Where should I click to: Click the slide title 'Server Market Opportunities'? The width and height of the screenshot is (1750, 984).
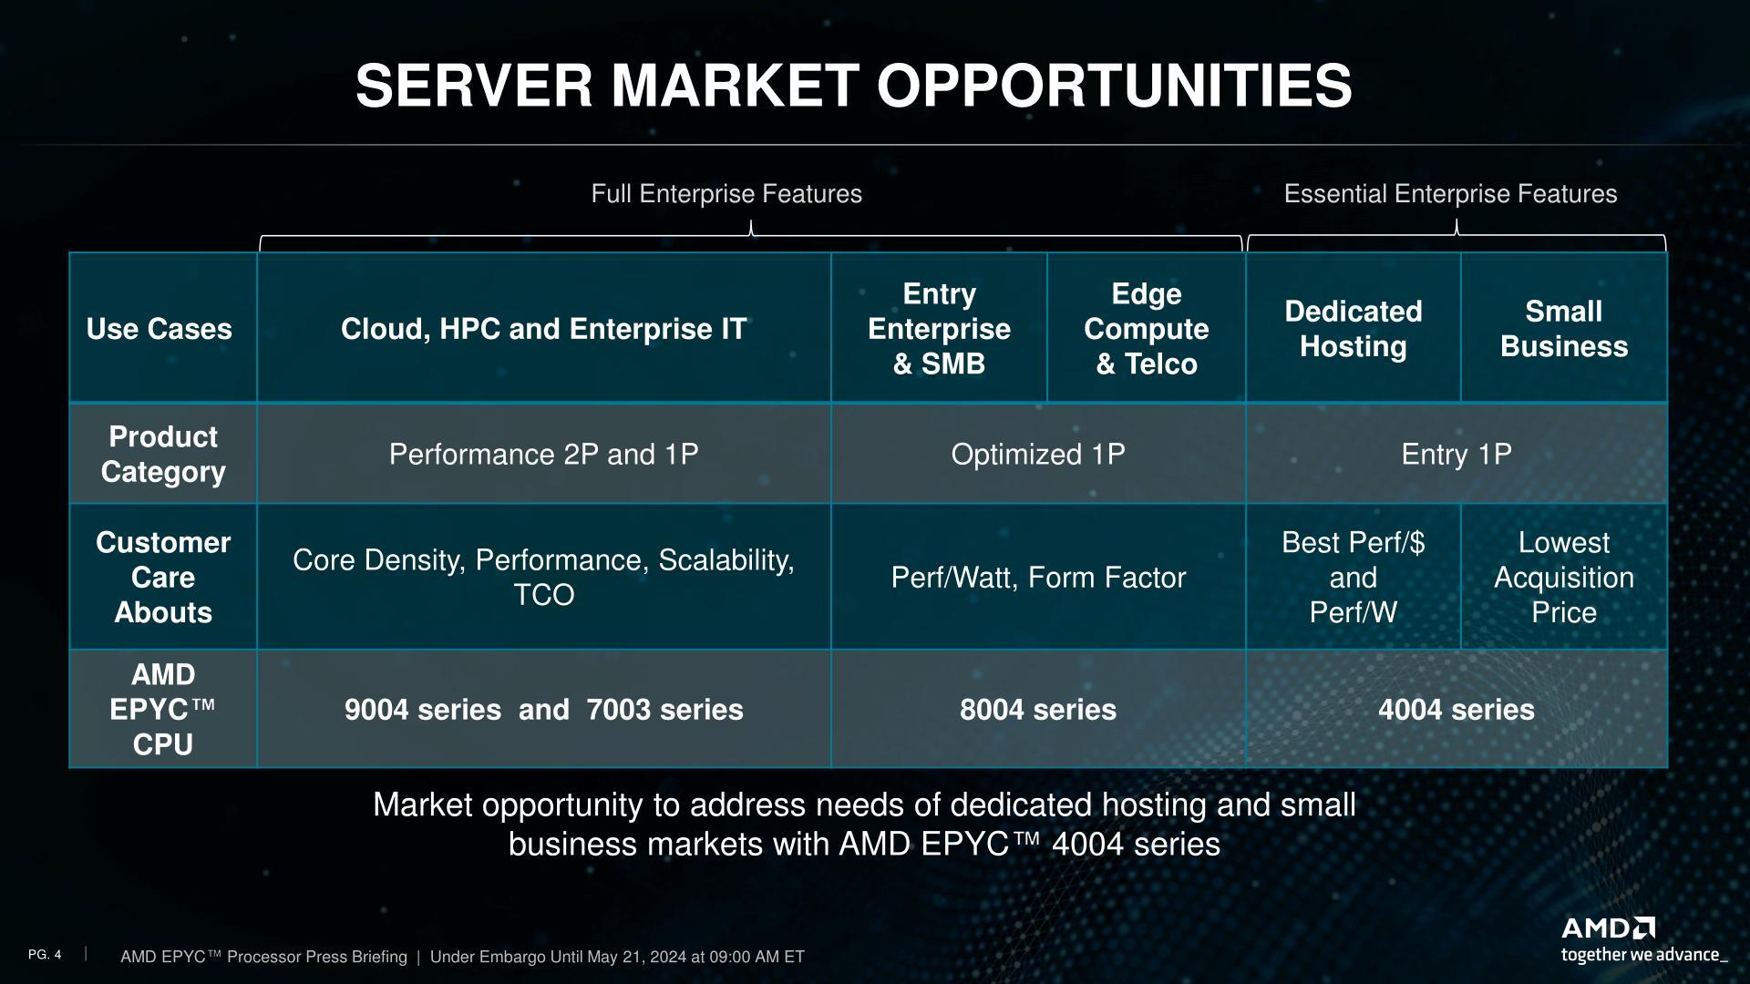(x=853, y=86)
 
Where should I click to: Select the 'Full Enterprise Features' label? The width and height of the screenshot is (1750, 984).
(x=726, y=194)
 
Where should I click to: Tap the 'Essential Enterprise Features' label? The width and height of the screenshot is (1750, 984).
(x=1450, y=194)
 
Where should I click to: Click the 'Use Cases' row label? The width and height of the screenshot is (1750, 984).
(x=160, y=329)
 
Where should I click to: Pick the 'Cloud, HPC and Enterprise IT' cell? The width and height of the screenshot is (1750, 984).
(x=543, y=329)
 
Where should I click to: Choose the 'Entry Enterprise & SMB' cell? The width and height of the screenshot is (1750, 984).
(x=939, y=329)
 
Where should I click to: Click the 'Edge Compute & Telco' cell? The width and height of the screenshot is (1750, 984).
(x=1146, y=329)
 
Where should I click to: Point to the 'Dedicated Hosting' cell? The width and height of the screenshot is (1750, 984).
(x=1354, y=329)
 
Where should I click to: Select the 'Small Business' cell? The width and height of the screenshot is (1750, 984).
(x=1564, y=329)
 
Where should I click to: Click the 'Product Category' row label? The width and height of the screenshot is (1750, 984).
(x=163, y=454)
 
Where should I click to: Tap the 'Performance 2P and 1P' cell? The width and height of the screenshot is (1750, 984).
(x=543, y=454)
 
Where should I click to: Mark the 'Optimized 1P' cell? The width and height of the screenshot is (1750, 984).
(x=1038, y=454)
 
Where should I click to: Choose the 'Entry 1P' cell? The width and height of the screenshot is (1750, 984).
(x=1457, y=454)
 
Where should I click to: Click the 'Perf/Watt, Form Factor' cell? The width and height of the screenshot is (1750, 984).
(x=1038, y=578)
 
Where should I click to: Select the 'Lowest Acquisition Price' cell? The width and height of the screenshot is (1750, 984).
(x=1564, y=578)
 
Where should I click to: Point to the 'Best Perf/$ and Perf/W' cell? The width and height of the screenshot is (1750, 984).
(x=1354, y=578)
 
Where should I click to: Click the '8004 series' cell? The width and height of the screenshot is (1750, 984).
(x=1038, y=710)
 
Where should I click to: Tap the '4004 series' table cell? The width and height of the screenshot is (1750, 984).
(x=1457, y=710)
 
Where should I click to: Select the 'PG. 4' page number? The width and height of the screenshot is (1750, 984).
(x=45, y=955)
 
